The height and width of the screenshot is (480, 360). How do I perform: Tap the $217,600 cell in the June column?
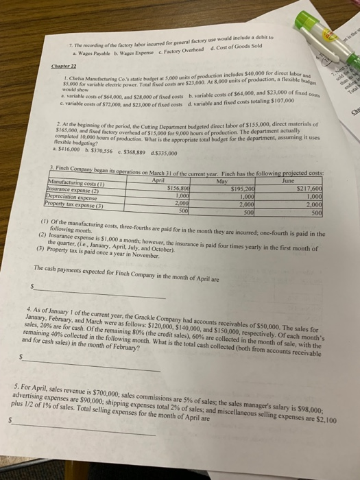[315, 189]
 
